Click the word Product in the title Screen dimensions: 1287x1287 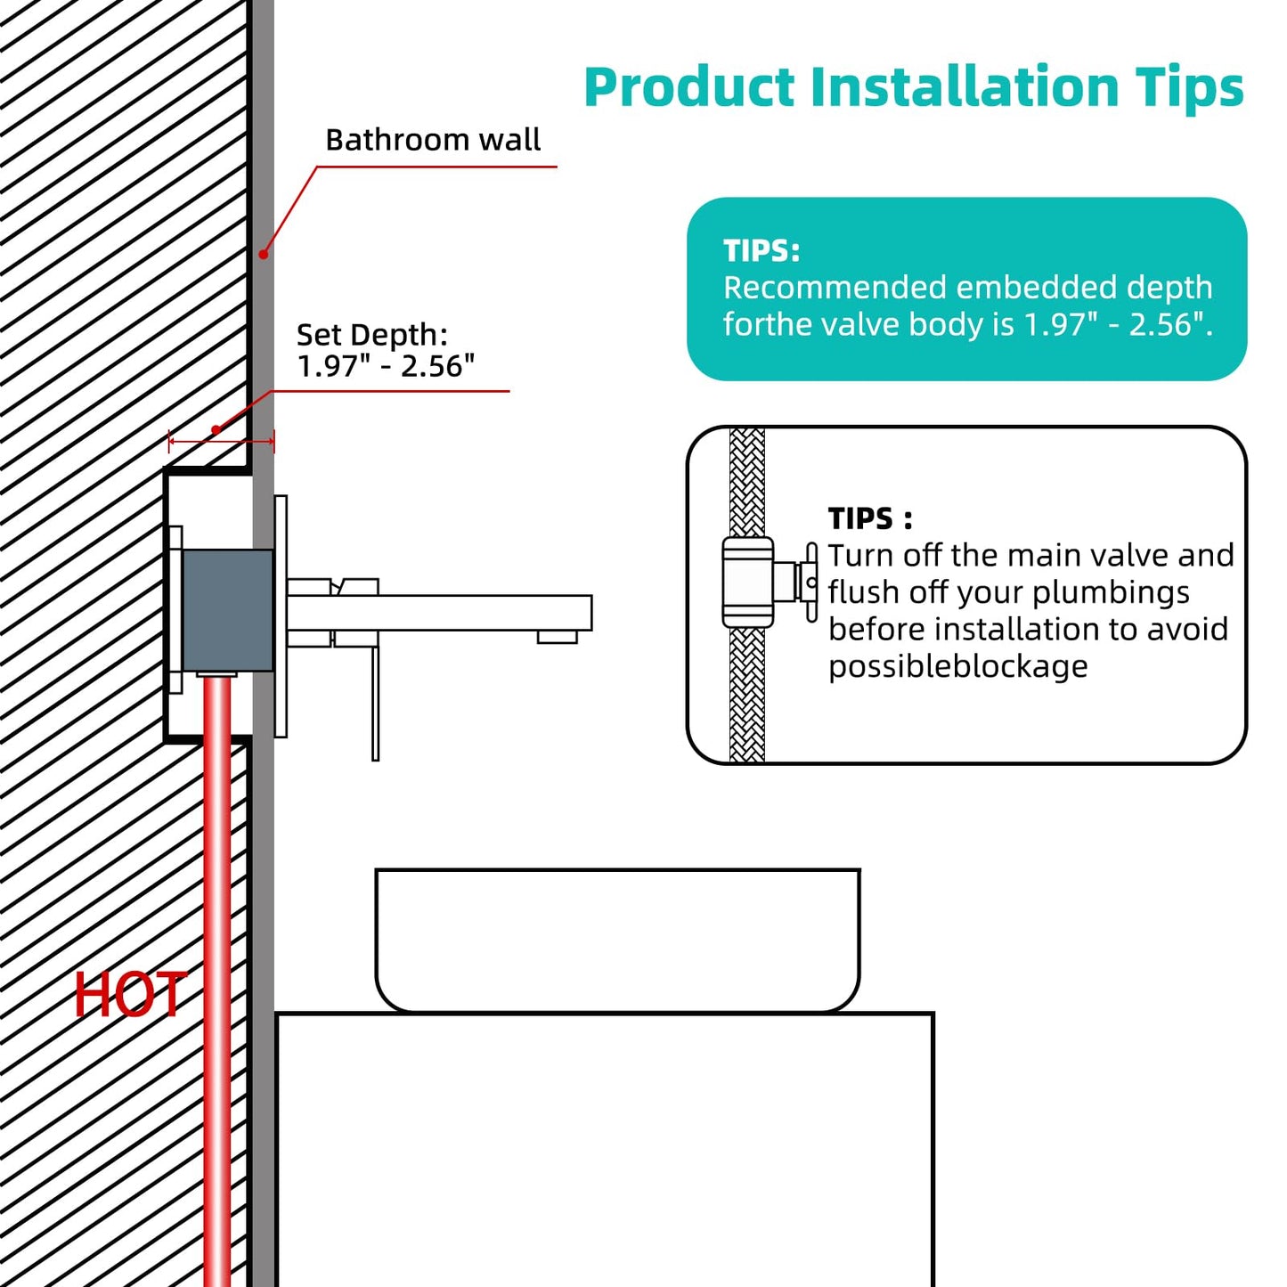tap(689, 86)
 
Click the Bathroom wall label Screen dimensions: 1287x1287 tap(433, 140)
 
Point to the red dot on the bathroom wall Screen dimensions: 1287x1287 tap(264, 254)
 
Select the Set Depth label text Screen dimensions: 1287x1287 tap(386, 351)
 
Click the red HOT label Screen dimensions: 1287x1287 tap(129, 995)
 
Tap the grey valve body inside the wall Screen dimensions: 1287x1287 tap(228, 610)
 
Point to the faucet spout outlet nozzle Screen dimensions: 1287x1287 tap(557, 637)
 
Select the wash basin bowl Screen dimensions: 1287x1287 tap(618, 941)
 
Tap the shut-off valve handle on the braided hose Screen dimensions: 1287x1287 tap(811, 582)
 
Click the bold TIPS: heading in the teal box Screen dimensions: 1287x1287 tap(762, 251)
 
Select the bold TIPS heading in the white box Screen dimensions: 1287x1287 tap(869, 518)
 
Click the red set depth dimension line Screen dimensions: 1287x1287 tap(221, 441)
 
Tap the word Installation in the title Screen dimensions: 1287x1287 tap(965, 86)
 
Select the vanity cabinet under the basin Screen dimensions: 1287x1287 tap(605, 1150)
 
